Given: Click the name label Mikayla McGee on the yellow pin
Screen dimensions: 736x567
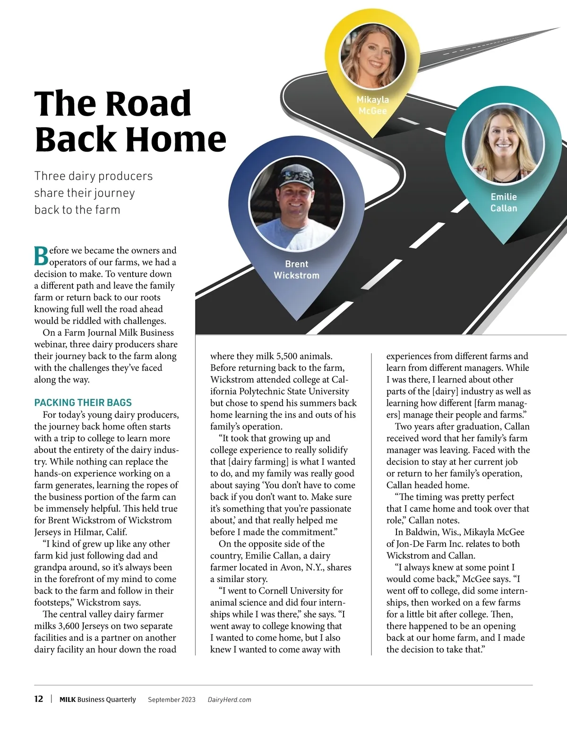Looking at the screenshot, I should point(373,105).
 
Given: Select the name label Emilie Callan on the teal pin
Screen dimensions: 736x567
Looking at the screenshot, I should point(504,202).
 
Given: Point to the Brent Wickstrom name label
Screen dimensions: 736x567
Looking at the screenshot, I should point(296,270).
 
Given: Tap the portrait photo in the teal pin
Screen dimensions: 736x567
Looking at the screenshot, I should point(504,144).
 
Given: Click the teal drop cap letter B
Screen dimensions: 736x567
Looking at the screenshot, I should point(41,256).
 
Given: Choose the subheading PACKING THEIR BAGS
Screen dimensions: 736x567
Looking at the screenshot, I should point(83,402).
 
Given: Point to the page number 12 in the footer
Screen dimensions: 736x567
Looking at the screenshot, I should point(39,699).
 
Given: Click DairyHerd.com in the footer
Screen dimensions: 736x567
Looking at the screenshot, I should point(229,700).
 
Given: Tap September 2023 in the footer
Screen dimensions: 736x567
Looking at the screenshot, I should point(172,700).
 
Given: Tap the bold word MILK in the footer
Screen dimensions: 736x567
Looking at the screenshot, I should point(67,700).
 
